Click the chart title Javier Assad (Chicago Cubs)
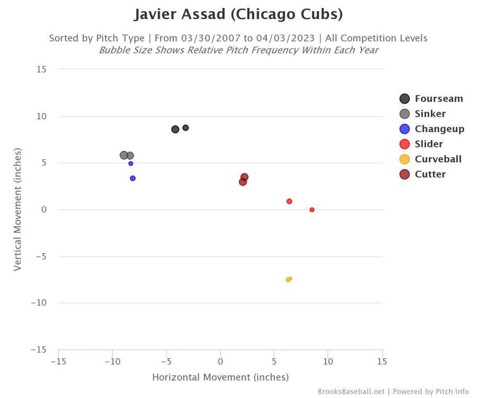pyautogui.click(x=238, y=14)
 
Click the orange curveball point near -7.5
pyautogui.click(x=288, y=280)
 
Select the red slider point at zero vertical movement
pyautogui.click(x=312, y=210)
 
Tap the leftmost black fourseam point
pyautogui.click(x=175, y=129)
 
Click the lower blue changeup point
pyautogui.click(x=132, y=178)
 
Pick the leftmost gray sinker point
pyautogui.click(x=124, y=155)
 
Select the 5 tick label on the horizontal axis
pyautogui.click(x=274, y=361)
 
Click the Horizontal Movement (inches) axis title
pyautogui.click(x=220, y=378)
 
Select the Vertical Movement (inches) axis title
pyautogui.click(x=18, y=209)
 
